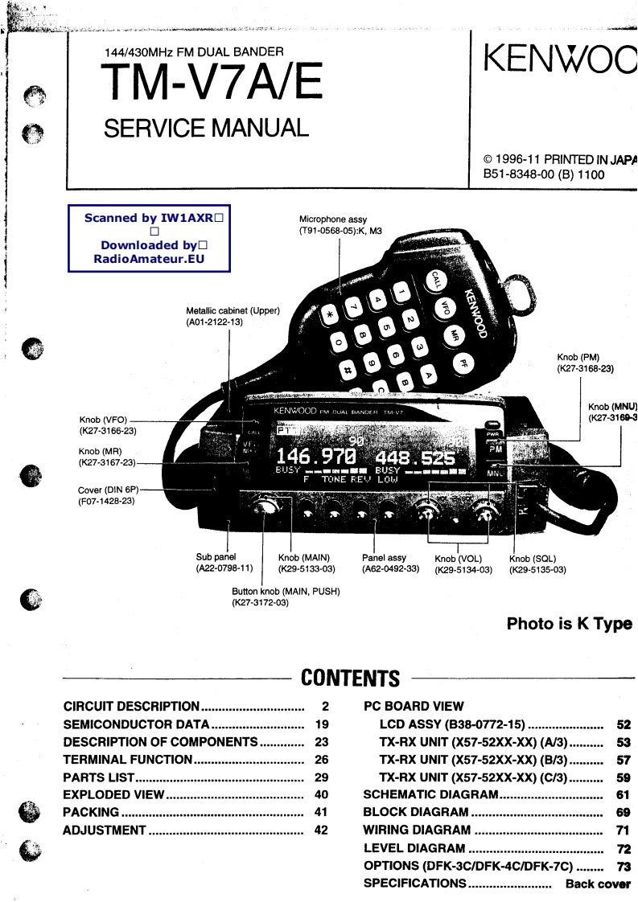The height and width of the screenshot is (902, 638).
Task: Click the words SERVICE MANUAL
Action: click(206, 128)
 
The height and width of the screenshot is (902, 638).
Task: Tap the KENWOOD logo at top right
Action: click(560, 59)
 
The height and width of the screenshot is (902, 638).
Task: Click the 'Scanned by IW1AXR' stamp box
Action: click(150, 238)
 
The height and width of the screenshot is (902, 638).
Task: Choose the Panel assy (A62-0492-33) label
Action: click(390, 563)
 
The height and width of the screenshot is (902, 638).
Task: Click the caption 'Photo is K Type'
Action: click(569, 624)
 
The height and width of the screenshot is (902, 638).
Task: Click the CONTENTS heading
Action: click(350, 679)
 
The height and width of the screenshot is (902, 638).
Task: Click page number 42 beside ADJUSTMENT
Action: click(321, 830)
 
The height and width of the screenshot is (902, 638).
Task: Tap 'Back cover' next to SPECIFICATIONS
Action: click(598, 884)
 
